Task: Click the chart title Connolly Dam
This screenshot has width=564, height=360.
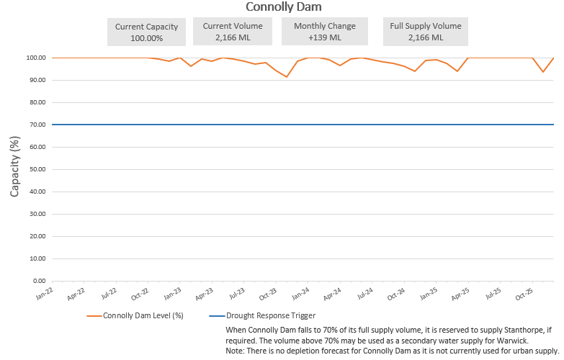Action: point(282,7)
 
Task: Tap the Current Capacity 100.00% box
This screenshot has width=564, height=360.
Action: point(146,32)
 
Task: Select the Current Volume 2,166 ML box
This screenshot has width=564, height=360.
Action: point(238,32)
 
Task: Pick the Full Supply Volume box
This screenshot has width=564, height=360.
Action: point(425,32)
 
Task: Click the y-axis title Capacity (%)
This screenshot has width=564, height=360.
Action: point(14,168)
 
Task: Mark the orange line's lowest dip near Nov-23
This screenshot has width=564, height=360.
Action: point(287,76)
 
